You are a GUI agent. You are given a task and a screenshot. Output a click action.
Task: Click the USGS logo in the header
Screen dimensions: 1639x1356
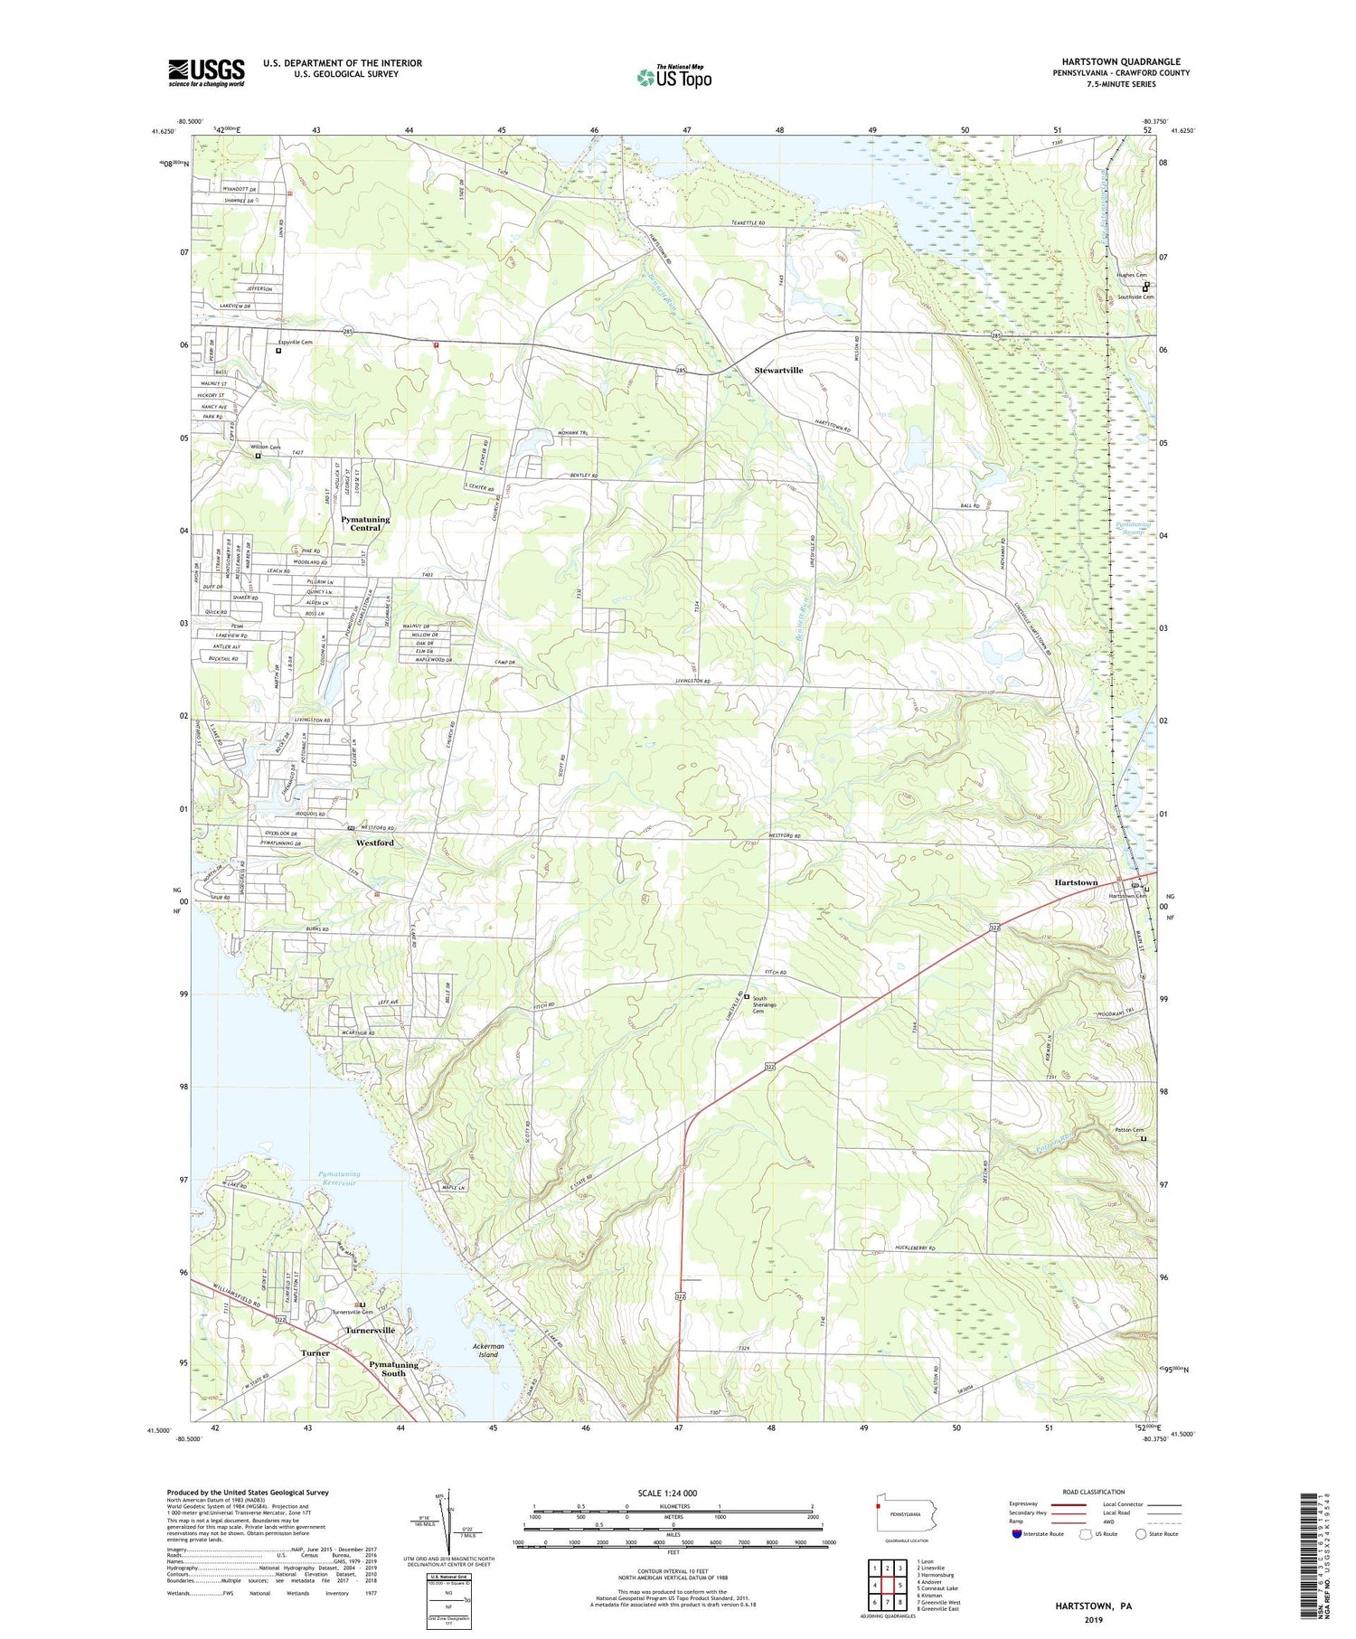point(206,72)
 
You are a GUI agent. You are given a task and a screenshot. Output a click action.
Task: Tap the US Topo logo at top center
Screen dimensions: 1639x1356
point(673,77)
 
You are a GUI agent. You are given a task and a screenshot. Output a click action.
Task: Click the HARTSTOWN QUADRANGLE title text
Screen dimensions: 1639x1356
point(1115,61)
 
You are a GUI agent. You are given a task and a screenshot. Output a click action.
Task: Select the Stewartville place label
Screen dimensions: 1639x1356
point(778,371)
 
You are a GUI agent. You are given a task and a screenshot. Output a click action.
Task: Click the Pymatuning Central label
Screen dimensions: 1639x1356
point(365,523)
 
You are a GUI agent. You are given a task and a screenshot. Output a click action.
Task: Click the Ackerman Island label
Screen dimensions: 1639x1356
point(487,1350)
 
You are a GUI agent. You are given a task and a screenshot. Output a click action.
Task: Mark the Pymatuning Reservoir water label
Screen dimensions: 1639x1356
point(338,1179)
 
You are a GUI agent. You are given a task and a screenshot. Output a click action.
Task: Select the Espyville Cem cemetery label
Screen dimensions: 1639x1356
point(294,343)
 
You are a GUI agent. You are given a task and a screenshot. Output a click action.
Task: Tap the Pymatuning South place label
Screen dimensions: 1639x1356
point(393,1369)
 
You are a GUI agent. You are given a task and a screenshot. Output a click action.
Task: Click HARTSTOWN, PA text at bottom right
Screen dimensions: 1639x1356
point(1093,1606)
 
